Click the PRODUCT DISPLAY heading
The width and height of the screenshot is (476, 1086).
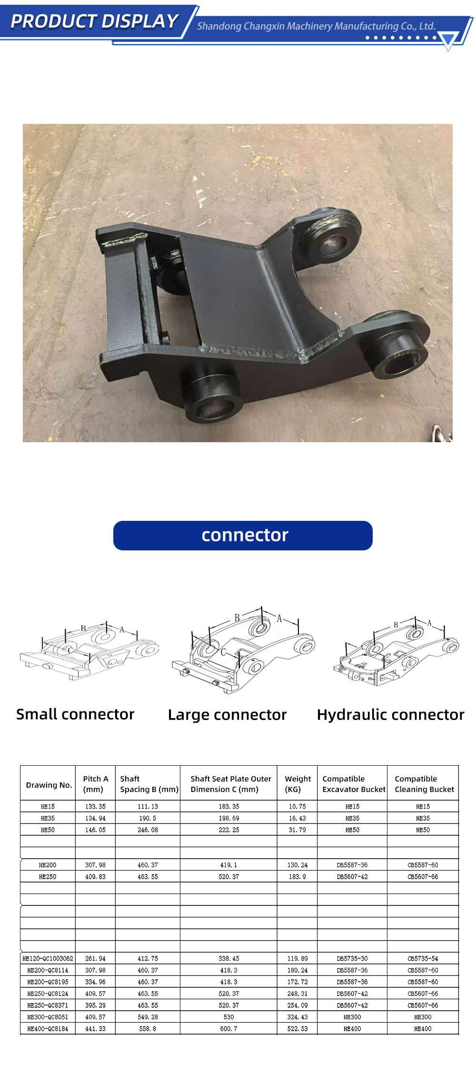coord(94,21)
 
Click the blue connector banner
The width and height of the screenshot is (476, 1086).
coord(243,535)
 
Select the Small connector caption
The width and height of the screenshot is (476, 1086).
coord(75,714)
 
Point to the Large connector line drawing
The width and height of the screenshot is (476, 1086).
coord(243,650)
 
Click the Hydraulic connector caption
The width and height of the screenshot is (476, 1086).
coord(390,715)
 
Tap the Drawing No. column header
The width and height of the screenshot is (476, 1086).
coord(49,785)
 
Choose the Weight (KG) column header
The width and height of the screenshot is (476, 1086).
coord(298,784)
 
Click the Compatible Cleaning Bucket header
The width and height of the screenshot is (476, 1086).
coord(424,784)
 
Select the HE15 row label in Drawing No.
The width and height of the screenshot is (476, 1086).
coord(48,806)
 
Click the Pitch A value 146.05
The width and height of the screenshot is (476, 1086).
coord(95,830)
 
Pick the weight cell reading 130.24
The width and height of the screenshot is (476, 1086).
coord(297,865)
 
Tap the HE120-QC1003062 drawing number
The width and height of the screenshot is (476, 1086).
coord(48,958)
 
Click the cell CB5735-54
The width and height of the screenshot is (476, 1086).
coord(423,958)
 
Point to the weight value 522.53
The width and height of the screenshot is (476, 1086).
coord(297,1028)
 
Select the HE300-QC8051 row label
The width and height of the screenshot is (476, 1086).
coord(48,1016)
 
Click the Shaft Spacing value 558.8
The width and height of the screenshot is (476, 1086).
coord(148,1028)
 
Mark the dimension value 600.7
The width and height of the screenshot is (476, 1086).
coord(228,1028)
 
